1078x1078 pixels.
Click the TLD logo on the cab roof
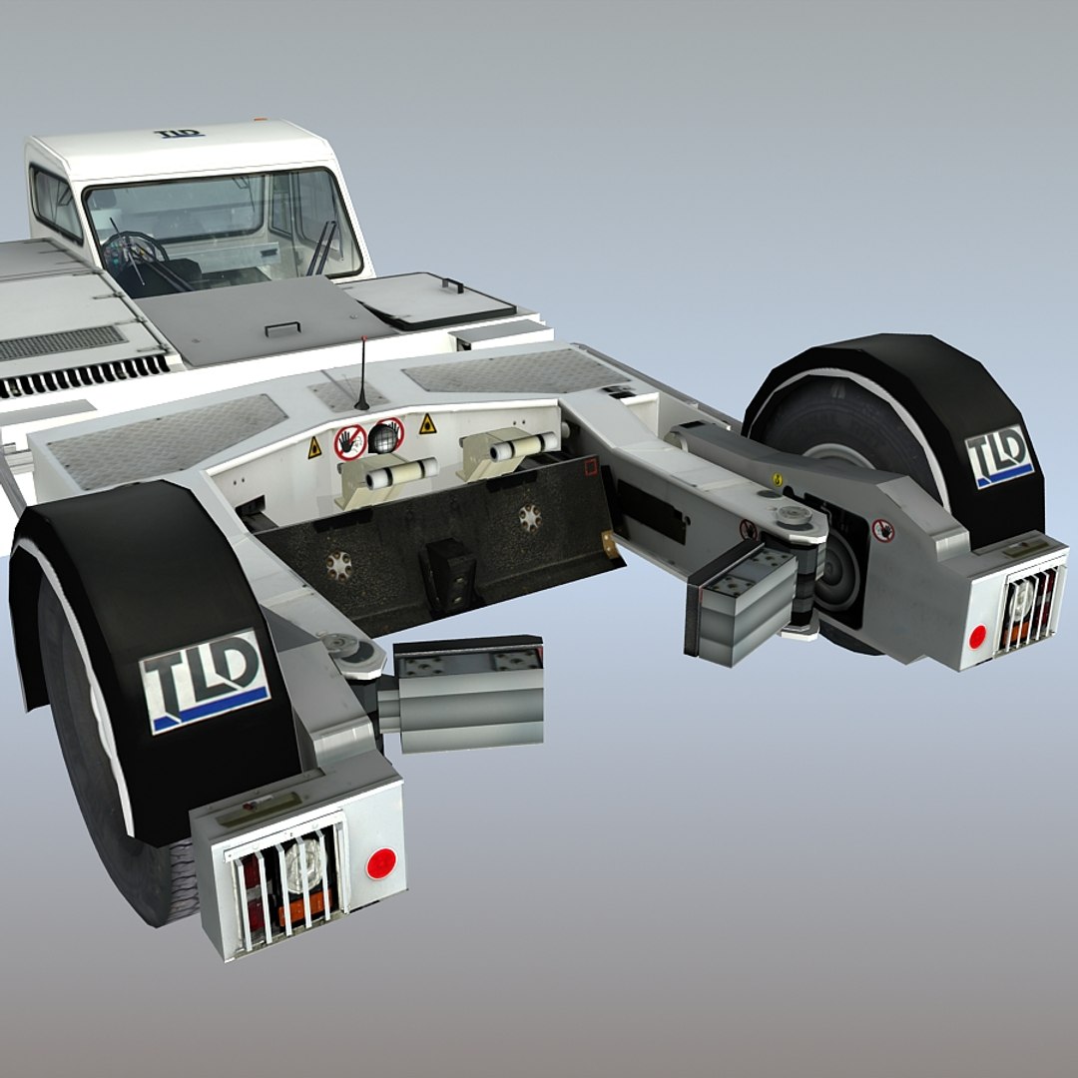click(179, 133)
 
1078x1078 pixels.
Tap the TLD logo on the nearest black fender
click(204, 680)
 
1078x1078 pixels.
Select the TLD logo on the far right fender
click(998, 456)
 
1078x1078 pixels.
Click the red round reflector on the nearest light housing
click(379, 863)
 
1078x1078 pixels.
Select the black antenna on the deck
click(362, 375)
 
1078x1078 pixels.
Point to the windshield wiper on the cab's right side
click(321, 248)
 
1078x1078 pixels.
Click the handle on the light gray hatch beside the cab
click(453, 285)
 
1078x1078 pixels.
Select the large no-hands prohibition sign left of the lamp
click(350, 441)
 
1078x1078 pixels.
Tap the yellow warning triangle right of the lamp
click(427, 423)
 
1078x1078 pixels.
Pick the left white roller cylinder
click(401, 473)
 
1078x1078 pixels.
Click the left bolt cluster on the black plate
click(340, 565)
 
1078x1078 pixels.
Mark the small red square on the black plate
click(589, 465)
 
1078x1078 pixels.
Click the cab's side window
click(55, 203)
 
